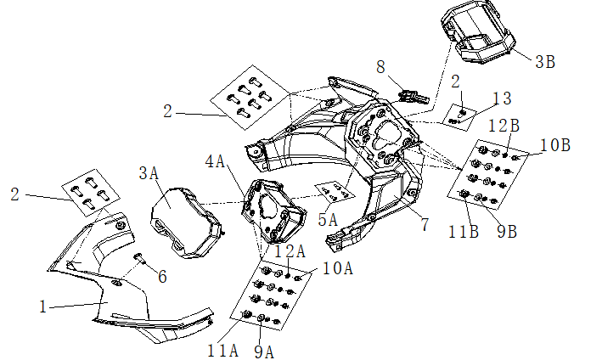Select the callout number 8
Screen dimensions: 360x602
point(381,65)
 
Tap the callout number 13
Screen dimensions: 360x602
point(502,99)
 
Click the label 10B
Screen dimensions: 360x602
point(554,144)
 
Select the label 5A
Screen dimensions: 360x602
point(328,219)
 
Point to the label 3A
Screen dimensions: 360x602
point(149,173)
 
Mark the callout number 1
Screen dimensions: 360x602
point(44,307)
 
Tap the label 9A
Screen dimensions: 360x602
point(263,351)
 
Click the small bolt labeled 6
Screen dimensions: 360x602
point(139,257)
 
